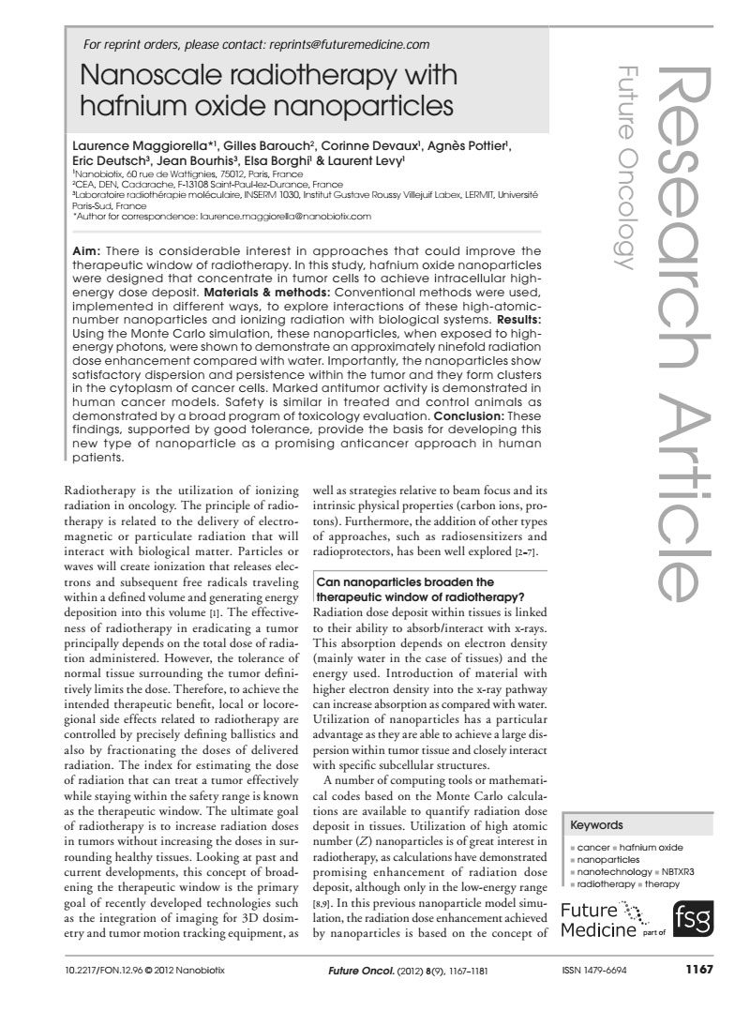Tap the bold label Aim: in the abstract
point(88,250)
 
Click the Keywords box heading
point(596,826)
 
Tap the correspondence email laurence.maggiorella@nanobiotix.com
point(276,215)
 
